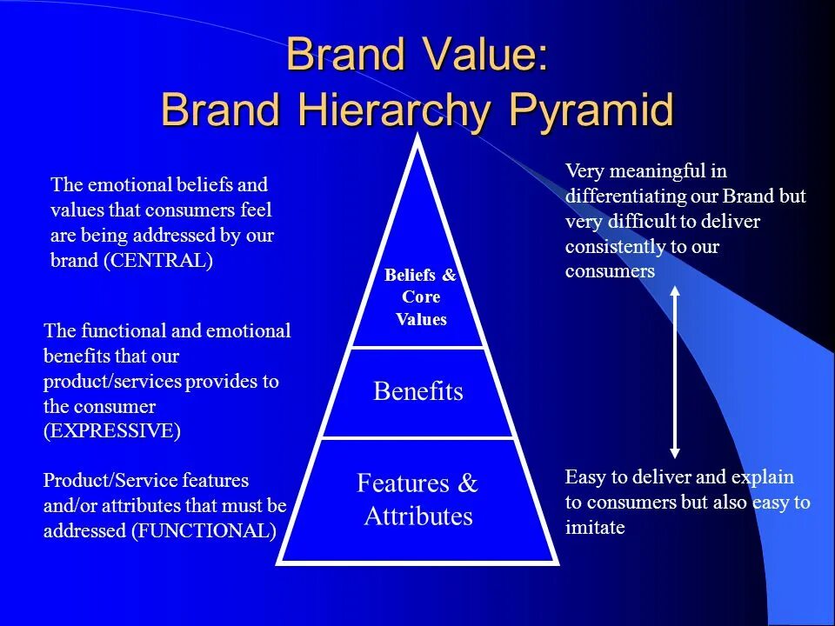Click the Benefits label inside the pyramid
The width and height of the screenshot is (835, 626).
[x=417, y=391]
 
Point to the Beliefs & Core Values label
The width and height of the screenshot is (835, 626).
[x=420, y=297]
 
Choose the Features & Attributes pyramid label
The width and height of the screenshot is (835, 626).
[x=417, y=500]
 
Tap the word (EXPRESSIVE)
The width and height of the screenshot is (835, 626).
[x=112, y=431]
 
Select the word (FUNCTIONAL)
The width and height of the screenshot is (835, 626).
[x=204, y=530]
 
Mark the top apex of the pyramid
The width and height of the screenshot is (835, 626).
[x=418, y=138]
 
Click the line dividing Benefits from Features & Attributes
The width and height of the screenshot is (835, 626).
[x=417, y=437]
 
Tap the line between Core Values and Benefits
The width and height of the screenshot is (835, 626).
[x=417, y=348]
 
